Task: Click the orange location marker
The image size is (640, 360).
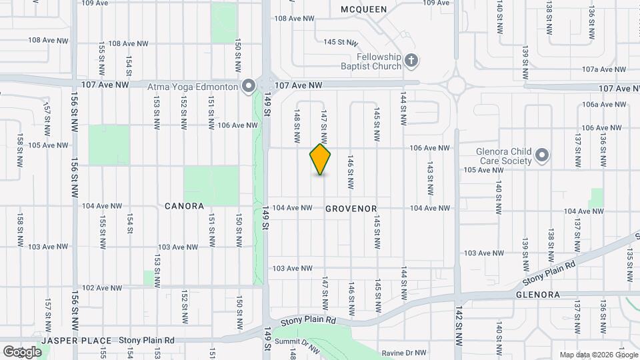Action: pos(321,159)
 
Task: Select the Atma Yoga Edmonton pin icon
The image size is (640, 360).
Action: pos(249,86)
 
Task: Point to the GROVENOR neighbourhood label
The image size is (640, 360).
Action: pos(351,209)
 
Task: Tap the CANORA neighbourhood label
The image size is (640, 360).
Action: pos(184,206)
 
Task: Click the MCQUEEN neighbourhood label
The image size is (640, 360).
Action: pos(363,9)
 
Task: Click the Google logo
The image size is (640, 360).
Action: pos(21,351)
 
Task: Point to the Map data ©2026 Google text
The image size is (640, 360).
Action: pos(598,354)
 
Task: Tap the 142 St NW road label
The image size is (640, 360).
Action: pos(459,325)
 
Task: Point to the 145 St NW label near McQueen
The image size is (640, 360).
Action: pos(337,42)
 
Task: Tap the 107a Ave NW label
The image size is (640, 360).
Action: pos(604,69)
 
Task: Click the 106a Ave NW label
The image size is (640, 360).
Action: pos(604,105)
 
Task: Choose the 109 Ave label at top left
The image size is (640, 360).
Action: pos(95,3)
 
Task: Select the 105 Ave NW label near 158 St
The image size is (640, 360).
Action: pos(48,145)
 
